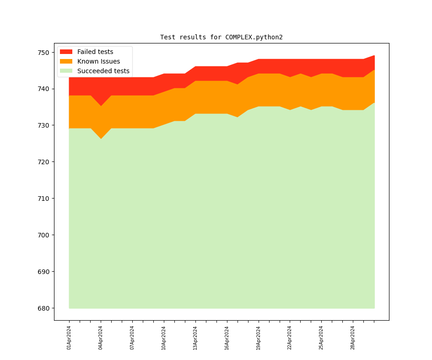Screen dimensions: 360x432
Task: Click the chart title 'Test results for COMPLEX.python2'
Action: click(x=221, y=37)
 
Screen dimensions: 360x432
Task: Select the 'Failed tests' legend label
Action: click(x=95, y=52)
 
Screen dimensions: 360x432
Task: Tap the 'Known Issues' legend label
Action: click(x=98, y=61)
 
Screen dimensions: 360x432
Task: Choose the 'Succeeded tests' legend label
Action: click(x=103, y=71)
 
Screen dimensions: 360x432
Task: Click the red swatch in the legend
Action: click(x=66, y=52)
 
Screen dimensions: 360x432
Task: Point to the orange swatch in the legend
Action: click(x=66, y=61)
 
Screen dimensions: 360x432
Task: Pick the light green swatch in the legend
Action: click(x=66, y=71)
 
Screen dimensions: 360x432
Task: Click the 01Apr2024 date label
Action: click(x=69, y=338)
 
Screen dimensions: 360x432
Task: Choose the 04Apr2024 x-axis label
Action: click(x=101, y=338)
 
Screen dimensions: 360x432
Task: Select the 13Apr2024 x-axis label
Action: click(x=195, y=338)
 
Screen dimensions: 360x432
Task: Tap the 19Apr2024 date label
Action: click(x=259, y=338)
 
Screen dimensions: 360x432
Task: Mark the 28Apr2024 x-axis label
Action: click(x=353, y=338)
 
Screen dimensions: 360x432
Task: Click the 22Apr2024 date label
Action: click(x=290, y=338)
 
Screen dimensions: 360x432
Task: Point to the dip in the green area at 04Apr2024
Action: click(x=101, y=140)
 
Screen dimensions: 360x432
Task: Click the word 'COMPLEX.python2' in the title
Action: click(x=254, y=37)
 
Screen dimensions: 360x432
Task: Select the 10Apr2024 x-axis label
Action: click(x=164, y=338)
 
